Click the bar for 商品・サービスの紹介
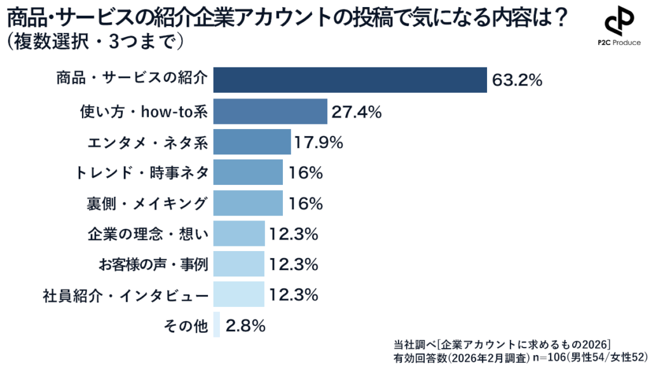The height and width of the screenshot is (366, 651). pyautogui.click(x=350, y=80)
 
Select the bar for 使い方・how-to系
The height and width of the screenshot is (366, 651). pyautogui.click(x=270, y=111)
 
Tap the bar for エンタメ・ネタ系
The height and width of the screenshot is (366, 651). pyautogui.click(x=252, y=142)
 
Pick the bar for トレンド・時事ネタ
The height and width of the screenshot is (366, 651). pyautogui.click(x=248, y=172)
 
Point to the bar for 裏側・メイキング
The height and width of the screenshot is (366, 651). pyautogui.click(x=248, y=203)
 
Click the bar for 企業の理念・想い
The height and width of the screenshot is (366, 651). pyautogui.click(x=238, y=233)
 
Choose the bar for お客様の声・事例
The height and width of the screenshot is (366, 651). pyautogui.click(x=238, y=264)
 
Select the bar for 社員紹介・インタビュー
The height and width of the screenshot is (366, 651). pyautogui.click(x=238, y=294)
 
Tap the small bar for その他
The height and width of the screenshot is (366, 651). pyautogui.click(x=217, y=325)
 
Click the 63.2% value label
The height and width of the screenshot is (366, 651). pyautogui.click(x=516, y=81)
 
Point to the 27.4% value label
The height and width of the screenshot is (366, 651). pyautogui.click(x=356, y=112)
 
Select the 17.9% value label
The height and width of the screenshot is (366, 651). pyautogui.click(x=319, y=142)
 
